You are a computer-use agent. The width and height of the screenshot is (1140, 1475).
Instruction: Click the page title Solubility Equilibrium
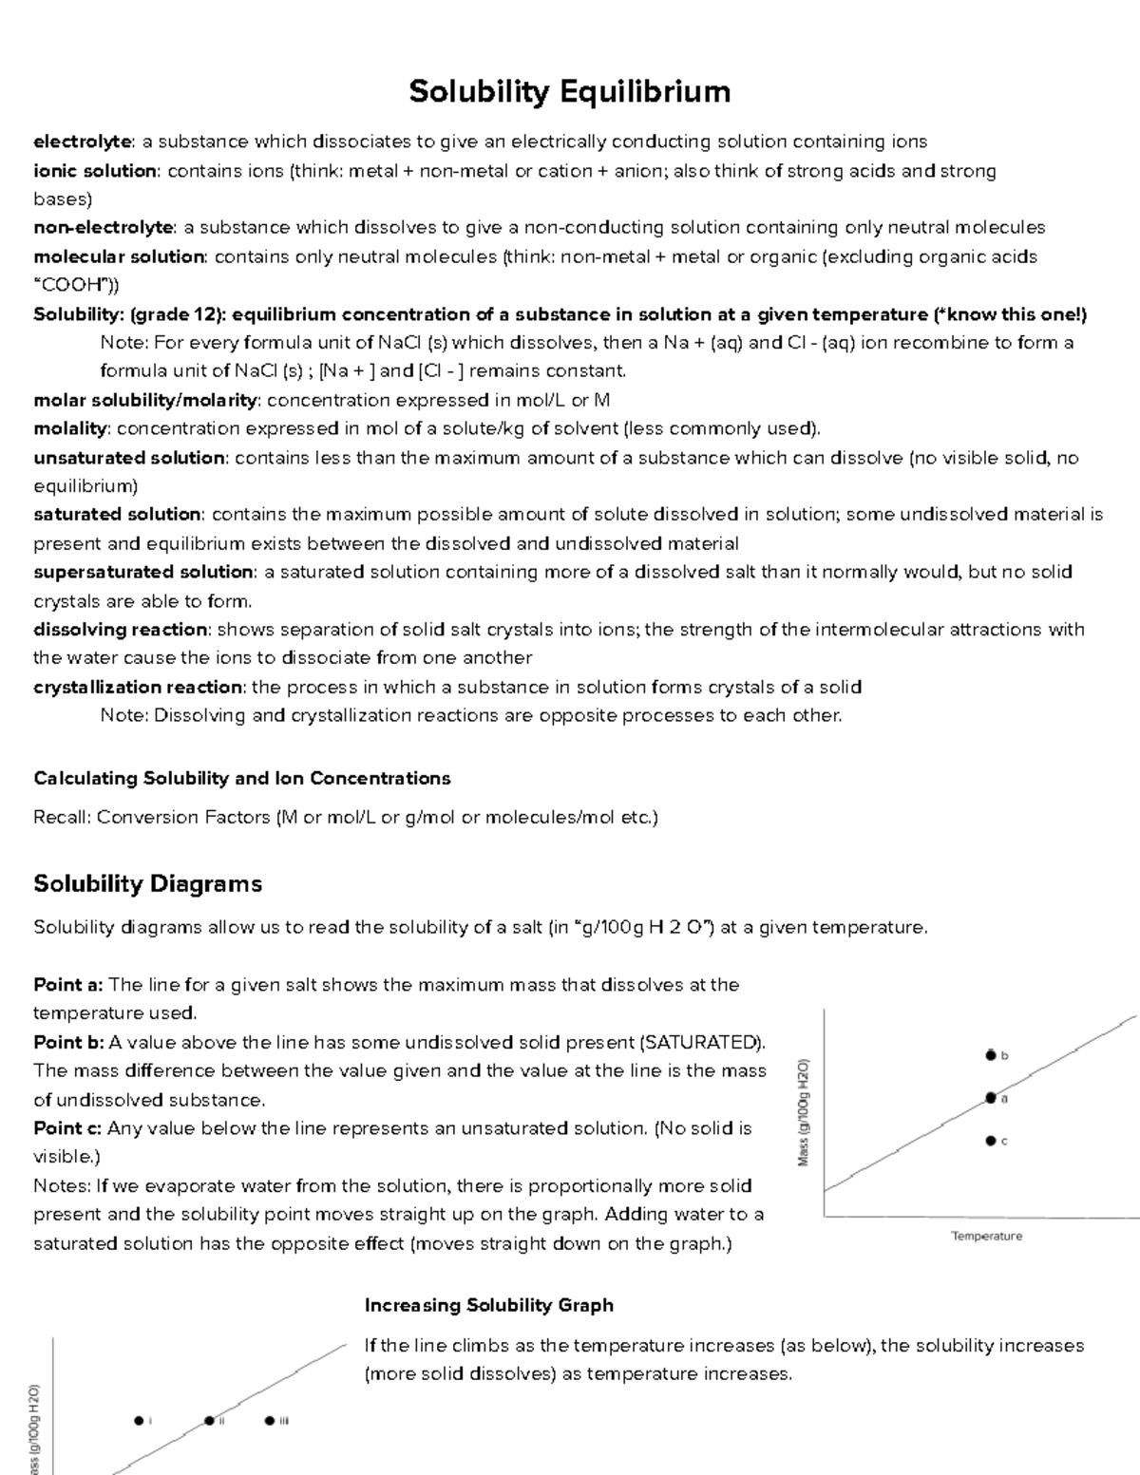point(569,92)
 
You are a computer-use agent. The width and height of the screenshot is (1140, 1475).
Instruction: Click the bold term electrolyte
point(83,142)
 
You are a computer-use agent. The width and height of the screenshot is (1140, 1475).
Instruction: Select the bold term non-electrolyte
point(104,228)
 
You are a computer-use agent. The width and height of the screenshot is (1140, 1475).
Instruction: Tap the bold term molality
point(71,429)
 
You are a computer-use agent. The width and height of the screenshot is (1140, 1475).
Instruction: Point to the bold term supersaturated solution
point(143,573)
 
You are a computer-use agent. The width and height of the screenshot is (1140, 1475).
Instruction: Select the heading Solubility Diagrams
point(147,884)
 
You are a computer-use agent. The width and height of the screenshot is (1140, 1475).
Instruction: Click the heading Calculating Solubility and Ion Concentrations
point(241,779)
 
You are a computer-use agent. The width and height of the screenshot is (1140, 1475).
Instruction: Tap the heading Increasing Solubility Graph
point(488,1306)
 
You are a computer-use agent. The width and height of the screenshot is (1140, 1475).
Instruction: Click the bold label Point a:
point(69,985)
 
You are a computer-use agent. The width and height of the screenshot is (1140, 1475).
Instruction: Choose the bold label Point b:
point(69,1043)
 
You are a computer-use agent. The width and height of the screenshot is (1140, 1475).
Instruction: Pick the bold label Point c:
point(68,1129)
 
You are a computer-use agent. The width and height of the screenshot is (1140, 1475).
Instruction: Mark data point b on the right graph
point(991,1054)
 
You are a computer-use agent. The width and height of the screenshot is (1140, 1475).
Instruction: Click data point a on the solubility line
point(991,1098)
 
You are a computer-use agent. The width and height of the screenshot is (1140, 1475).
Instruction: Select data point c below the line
point(991,1141)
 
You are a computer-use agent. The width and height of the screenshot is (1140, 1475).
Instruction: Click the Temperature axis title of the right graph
point(986,1237)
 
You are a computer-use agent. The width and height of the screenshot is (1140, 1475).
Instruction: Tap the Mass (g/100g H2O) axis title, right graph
point(804,1112)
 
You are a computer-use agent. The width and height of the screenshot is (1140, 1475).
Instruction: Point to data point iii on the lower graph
point(270,1421)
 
